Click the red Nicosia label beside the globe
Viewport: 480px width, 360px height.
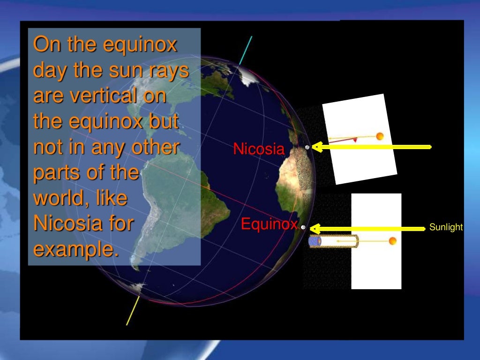(259, 150)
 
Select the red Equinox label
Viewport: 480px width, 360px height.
(269, 225)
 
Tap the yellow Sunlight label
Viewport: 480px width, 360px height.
(446, 227)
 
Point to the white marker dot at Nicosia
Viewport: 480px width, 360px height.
(307, 147)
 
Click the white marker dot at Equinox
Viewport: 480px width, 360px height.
(303, 227)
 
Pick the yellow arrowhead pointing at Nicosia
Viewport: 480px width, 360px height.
(317, 147)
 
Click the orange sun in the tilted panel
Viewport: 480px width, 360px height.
(380, 136)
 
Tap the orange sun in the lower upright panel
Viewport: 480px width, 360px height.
(392, 241)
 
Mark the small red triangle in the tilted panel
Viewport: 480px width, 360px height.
(355, 140)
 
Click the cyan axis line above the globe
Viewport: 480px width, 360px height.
(246, 50)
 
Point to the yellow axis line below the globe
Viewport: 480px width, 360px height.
(133, 310)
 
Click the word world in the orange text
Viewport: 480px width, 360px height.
(55, 198)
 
